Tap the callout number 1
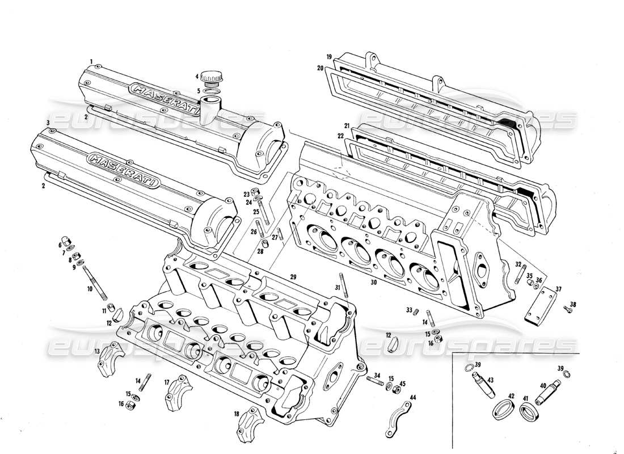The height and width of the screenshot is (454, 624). click(90, 61)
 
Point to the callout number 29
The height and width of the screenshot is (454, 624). click(293, 276)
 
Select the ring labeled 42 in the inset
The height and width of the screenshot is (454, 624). click(501, 410)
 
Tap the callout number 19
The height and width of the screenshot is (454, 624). click(328, 57)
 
